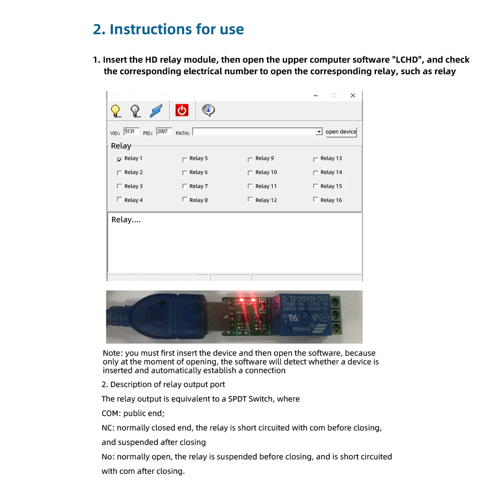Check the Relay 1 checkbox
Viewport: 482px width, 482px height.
pos(119,159)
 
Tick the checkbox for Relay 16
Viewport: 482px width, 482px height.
pos(315,200)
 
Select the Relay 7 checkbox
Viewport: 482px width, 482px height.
pos(184,186)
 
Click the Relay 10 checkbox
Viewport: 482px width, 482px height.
pos(250,173)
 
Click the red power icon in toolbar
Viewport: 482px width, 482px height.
pos(182,110)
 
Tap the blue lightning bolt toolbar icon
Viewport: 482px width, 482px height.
pos(156,110)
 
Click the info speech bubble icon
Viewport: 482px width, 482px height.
pos(208,110)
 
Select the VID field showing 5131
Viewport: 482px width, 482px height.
pos(131,132)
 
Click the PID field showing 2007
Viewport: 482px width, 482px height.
pos(164,132)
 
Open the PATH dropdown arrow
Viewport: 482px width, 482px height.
pos(319,132)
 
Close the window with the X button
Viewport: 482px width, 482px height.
pos(353,95)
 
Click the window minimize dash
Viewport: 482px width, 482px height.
pos(316,95)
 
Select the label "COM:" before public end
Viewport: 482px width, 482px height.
pos(111,414)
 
